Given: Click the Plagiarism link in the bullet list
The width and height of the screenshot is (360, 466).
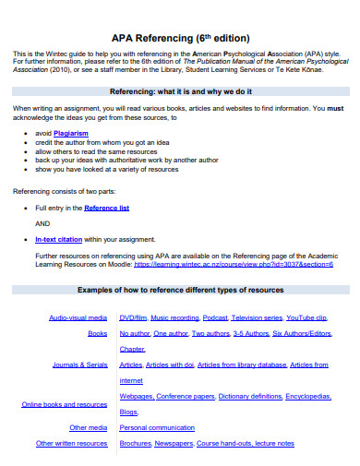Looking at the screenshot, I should tap(70, 132).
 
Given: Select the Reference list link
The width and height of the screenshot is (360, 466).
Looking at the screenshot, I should tap(107, 209).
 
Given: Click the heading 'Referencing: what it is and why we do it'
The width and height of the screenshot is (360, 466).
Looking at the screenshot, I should tap(180, 92).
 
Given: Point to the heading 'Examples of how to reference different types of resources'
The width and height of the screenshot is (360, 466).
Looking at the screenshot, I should tap(180, 290).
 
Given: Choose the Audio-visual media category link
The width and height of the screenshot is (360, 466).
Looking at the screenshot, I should tap(78, 317).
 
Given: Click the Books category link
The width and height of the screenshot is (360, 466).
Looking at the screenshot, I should tap(98, 333).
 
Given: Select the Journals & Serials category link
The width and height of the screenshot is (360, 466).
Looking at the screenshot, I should tap(80, 364).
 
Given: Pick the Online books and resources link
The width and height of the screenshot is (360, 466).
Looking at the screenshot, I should tap(65, 404).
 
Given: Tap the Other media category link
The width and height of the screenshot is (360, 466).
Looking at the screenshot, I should tap(89, 427).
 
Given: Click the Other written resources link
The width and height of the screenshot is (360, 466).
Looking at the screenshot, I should tap(71, 443).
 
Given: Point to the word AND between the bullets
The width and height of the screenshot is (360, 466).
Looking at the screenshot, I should tap(43, 223).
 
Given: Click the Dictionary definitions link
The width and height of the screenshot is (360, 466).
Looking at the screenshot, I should tap(251, 396).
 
